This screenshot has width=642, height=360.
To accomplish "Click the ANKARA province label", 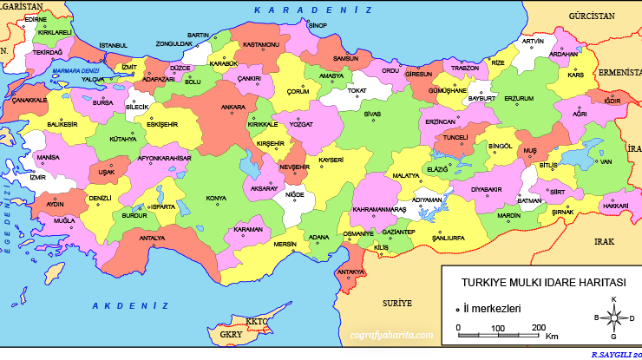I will click(x=233, y=108).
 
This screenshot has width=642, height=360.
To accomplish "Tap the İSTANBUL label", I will click(x=113, y=45).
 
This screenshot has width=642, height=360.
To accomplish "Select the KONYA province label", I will click(x=215, y=198).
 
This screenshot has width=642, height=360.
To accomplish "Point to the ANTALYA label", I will click(x=152, y=238).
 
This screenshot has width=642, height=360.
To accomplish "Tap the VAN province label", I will click(x=606, y=161).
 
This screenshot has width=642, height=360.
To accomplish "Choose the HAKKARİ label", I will click(x=614, y=206).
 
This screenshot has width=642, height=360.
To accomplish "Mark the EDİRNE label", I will click(x=36, y=18).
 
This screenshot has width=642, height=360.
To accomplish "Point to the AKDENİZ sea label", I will click(x=129, y=305).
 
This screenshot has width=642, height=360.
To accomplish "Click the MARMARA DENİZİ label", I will click(x=76, y=71).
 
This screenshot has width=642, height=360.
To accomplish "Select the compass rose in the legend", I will click(x=613, y=317).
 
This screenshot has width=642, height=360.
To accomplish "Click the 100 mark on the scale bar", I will click(x=497, y=328).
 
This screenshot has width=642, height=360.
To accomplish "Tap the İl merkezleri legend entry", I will click(x=492, y=307).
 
